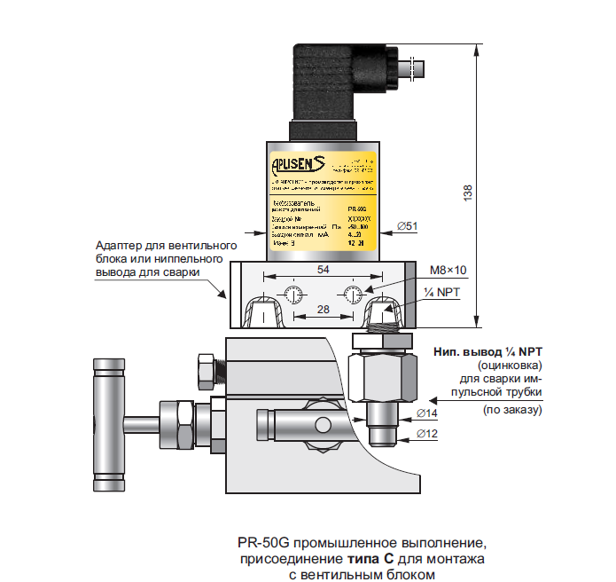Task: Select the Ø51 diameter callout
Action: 409,227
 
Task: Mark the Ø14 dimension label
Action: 428,414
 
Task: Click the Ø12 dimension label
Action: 428,435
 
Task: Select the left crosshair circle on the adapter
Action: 293,295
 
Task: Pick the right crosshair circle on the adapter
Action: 353,295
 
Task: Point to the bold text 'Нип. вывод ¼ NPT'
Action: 488,351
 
